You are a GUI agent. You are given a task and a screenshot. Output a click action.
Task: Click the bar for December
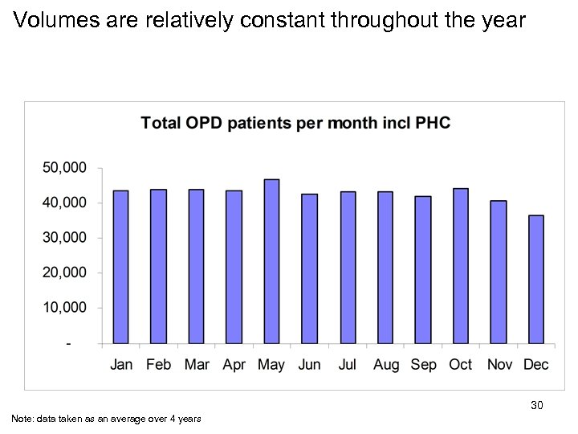coord(536,279)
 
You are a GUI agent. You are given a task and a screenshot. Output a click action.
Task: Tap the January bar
coord(121,267)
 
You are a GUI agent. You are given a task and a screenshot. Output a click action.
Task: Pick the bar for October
coord(461,266)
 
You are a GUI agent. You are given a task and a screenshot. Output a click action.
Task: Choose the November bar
coord(499,272)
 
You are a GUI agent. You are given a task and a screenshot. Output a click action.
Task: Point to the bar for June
coord(309,268)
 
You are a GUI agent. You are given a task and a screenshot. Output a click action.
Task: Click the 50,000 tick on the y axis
coord(63,168)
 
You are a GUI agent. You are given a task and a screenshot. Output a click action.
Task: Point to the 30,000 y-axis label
coord(63,238)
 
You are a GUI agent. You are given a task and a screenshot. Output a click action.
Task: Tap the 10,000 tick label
coord(63,308)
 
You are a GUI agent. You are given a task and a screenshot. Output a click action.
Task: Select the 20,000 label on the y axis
coord(63,273)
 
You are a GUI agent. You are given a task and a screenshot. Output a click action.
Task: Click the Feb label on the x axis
coord(159,365)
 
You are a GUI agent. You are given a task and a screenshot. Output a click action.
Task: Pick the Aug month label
coord(386,365)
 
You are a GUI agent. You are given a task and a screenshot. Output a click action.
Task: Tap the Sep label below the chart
coord(423,365)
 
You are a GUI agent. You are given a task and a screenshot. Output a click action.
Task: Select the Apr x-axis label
coord(234,365)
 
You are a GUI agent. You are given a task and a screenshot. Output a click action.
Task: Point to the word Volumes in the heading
coord(50,20)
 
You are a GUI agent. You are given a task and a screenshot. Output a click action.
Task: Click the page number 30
coord(537,406)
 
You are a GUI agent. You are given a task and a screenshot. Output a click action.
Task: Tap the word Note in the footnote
coord(22,418)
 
